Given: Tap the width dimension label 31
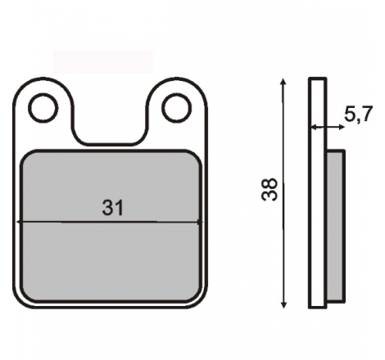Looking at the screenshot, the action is (x=113, y=208).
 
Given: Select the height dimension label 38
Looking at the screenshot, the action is (x=269, y=189).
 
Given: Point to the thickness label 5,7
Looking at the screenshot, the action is (x=358, y=114).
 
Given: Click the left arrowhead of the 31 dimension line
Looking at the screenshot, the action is (x=19, y=223).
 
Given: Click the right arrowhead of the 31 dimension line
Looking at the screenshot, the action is (x=200, y=223).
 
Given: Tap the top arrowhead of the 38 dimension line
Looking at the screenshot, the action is (x=283, y=81).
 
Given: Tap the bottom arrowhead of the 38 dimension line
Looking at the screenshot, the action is (x=284, y=305).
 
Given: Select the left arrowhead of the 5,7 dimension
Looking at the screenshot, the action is (x=315, y=127).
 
